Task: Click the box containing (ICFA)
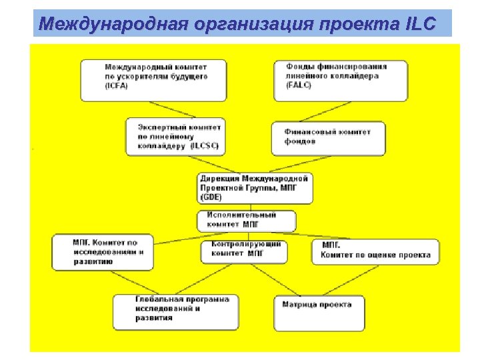153,80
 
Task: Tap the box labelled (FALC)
341,80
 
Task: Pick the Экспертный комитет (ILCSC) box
175,137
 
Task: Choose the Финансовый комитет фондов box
328,138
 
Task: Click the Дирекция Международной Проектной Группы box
255,188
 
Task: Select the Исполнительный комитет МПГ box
247,221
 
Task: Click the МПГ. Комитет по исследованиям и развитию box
104,251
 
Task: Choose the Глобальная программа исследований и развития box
175,311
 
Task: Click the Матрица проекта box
319,312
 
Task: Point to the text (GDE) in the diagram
212,197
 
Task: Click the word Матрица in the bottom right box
301,305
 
